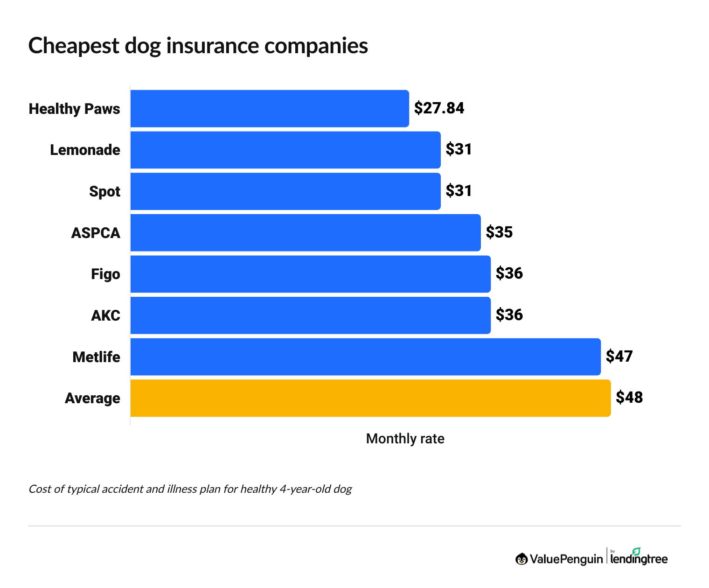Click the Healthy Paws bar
pyautogui.click(x=270, y=109)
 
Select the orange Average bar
pyautogui.click(x=370, y=398)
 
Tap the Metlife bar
pyautogui.click(x=365, y=357)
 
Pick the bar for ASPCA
pyautogui.click(x=306, y=233)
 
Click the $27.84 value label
pyautogui.click(x=439, y=108)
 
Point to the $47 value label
pyautogui.click(x=619, y=357)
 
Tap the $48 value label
pyautogui.click(x=629, y=398)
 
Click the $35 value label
pyautogui.click(x=499, y=232)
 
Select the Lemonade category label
pyautogui.click(x=85, y=150)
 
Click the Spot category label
pyautogui.click(x=104, y=192)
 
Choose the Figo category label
pyautogui.click(x=105, y=274)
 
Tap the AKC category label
pyautogui.click(x=105, y=316)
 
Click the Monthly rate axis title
pyautogui.click(x=405, y=439)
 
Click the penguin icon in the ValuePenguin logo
pyautogui.click(x=521, y=559)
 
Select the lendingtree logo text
pyautogui.click(x=639, y=559)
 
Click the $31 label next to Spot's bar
pyautogui.click(x=459, y=191)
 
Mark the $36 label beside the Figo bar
pyautogui.click(x=509, y=273)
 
